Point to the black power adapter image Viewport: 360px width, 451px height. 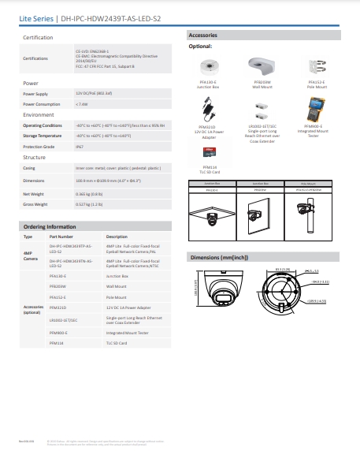210,110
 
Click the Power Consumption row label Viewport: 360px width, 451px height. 41,103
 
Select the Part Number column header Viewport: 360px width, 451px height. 61,237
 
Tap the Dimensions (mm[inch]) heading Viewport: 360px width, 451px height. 221,258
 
